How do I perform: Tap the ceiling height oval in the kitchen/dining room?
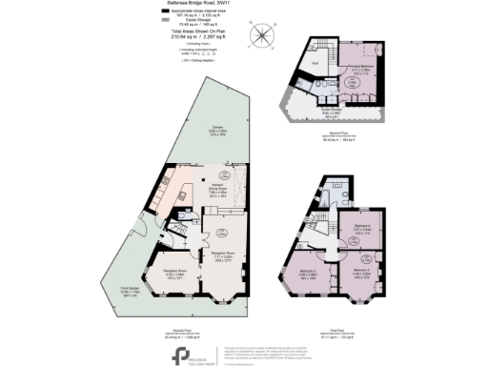click(227, 173)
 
